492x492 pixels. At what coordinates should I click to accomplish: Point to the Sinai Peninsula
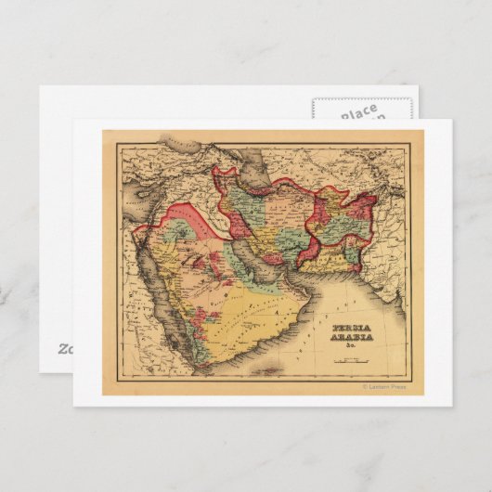140,243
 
